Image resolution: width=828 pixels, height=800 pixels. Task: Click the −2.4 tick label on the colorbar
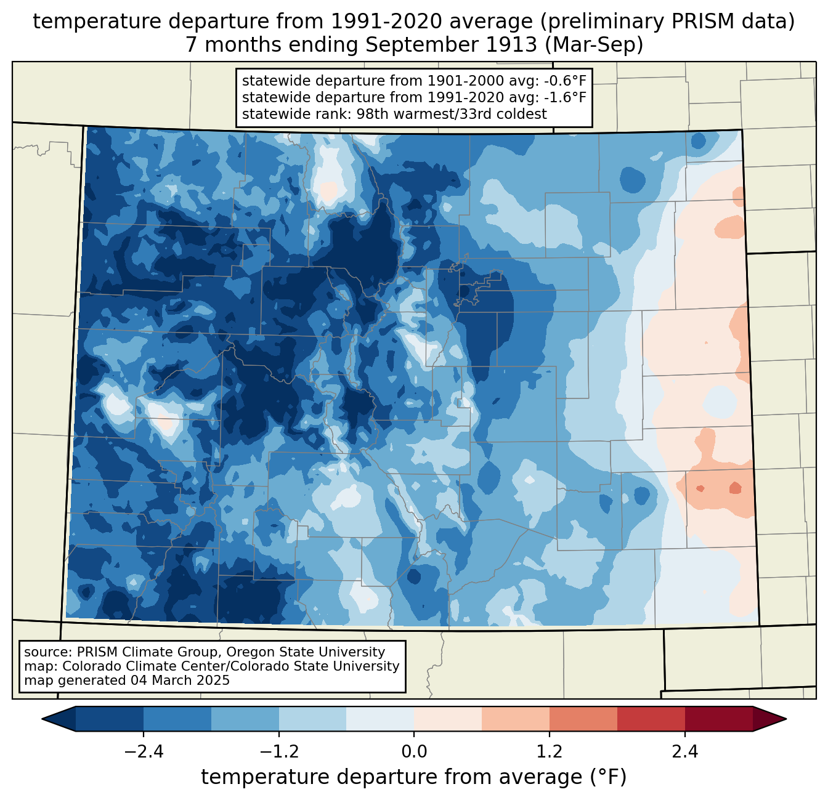click(144, 752)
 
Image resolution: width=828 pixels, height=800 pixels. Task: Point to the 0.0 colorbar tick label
click(414, 752)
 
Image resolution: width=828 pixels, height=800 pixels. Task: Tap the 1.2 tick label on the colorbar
click(550, 752)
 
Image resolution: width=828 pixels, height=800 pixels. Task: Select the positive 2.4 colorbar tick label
click(684, 752)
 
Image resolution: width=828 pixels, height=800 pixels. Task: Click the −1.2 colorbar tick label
click(279, 752)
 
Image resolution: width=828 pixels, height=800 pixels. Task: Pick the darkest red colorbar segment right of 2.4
click(718, 719)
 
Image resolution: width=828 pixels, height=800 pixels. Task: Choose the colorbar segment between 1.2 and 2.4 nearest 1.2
click(583, 719)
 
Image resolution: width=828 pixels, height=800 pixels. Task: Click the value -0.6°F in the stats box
click(565, 81)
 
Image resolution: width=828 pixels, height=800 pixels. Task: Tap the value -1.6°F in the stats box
click(565, 97)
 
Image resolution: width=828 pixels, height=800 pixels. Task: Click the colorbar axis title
click(414, 777)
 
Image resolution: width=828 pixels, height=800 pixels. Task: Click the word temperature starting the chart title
click(86, 22)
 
